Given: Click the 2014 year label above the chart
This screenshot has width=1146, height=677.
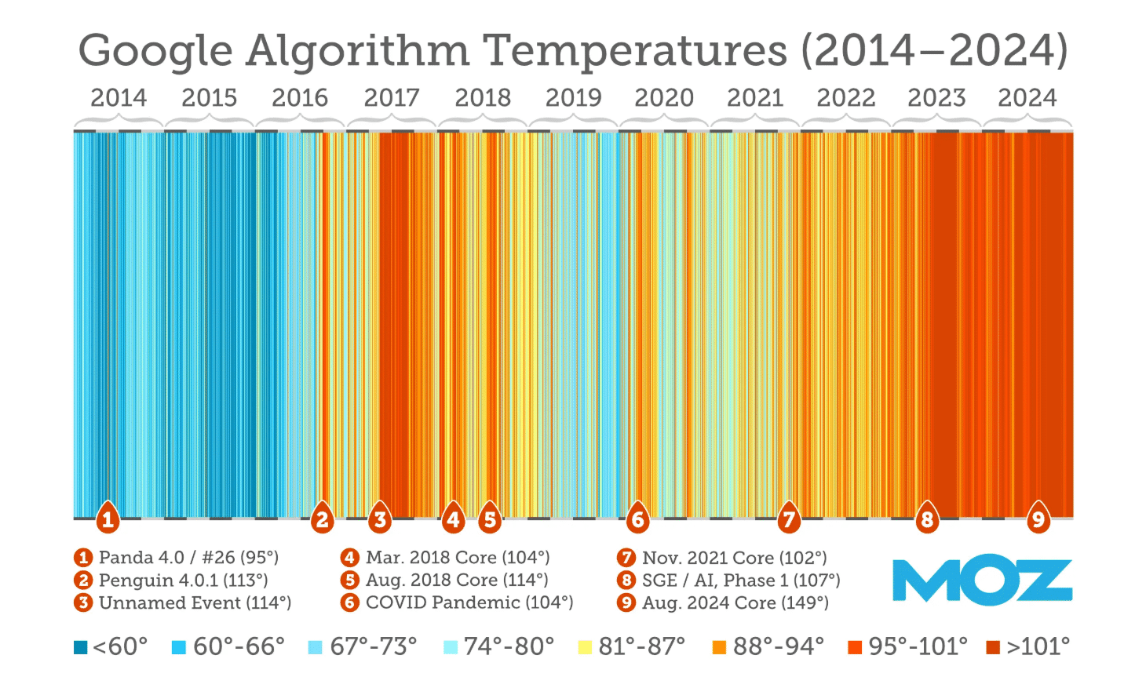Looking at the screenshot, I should pyautogui.click(x=119, y=98).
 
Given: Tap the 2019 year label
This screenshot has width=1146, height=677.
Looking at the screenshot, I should pyautogui.click(x=573, y=98).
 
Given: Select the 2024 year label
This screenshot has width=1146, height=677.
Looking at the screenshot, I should pyautogui.click(x=1027, y=98).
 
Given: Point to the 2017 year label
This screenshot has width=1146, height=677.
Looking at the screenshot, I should pyautogui.click(x=391, y=98).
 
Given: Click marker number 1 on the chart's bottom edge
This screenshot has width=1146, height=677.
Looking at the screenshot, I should pyautogui.click(x=108, y=519).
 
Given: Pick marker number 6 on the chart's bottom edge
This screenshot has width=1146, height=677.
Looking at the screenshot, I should pyautogui.click(x=637, y=519).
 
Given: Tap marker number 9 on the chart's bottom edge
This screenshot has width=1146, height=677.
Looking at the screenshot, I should pyautogui.click(x=1038, y=519).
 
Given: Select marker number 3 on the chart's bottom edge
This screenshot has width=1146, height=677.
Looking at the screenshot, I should pyautogui.click(x=380, y=519).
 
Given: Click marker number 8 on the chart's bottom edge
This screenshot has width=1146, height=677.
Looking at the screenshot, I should pyautogui.click(x=927, y=519).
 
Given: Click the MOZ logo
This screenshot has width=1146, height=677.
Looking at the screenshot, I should pyautogui.click(x=982, y=581).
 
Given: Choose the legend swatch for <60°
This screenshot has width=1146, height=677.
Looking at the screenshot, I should pyautogui.click(x=80, y=647).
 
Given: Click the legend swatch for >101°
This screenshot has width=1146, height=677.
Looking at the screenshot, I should pyautogui.click(x=993, y=647).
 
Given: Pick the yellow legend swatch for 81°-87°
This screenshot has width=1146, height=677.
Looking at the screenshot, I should pyautogui.click(x=585, y=647).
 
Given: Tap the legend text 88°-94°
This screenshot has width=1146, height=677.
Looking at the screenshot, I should pyautogui.click(x=778, y=646).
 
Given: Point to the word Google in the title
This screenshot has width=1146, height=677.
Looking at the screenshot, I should pyautogui.click(x=155, y=52).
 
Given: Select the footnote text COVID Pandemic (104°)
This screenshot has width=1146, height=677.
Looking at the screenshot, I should pyautogui.click(x=469, y=602).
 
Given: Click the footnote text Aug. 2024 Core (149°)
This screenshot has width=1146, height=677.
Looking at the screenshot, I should pyautogui.click(x=735, y=602).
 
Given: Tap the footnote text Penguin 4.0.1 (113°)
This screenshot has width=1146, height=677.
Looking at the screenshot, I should pyautogui.click(x=183, y=580).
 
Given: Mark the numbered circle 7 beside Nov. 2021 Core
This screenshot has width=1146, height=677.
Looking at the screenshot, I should pyautogui.click(x=626, y=558).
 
